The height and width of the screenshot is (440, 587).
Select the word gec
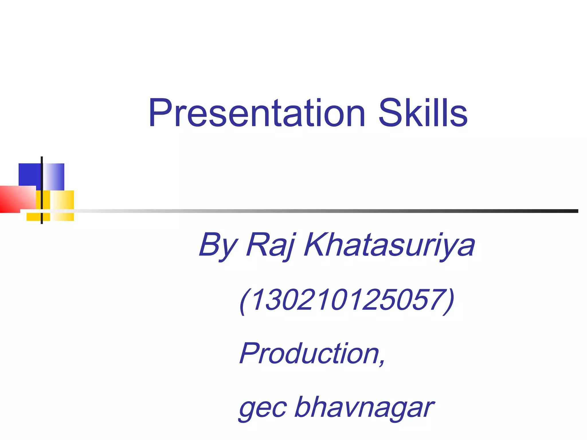262,408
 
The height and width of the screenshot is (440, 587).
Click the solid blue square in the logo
30,174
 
